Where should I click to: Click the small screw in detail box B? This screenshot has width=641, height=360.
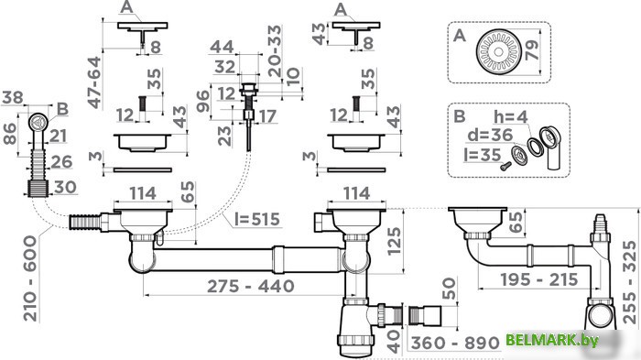click(505, 165)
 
